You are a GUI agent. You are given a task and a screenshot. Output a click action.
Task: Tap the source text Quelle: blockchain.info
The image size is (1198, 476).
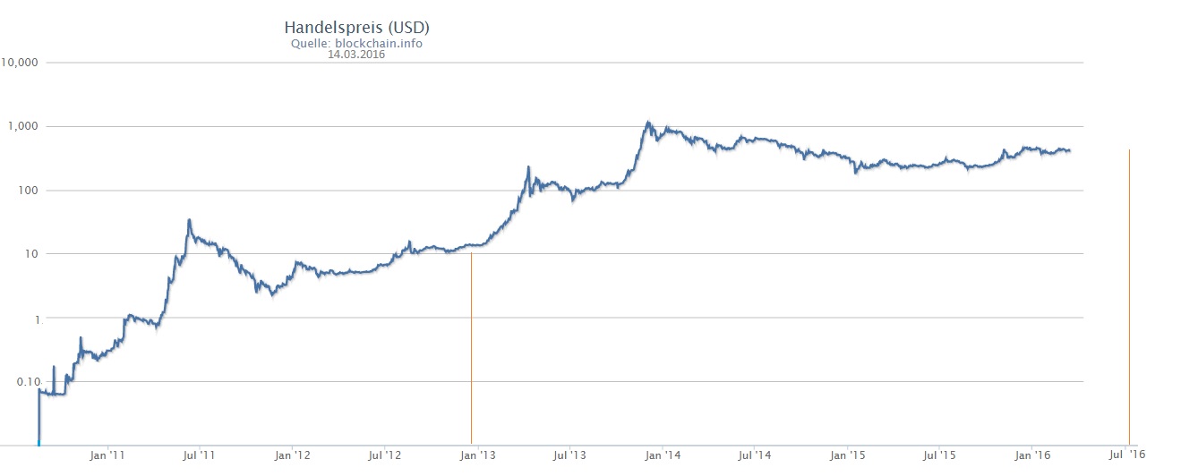tap(356, 43)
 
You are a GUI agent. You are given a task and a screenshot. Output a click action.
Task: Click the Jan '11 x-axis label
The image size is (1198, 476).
tap(107, 455)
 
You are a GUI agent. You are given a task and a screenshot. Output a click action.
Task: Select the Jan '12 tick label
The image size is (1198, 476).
tap(292, 455)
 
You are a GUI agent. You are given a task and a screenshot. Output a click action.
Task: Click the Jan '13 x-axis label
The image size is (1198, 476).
tap(476, 455)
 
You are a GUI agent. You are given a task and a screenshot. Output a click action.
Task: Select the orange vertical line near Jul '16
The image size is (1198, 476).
tap(1129, 295)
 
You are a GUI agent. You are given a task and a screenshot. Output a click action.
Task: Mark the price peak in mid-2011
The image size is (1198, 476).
tap(189, 220)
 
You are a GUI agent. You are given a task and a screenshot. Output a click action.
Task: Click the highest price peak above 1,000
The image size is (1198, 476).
tap(647, 123)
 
